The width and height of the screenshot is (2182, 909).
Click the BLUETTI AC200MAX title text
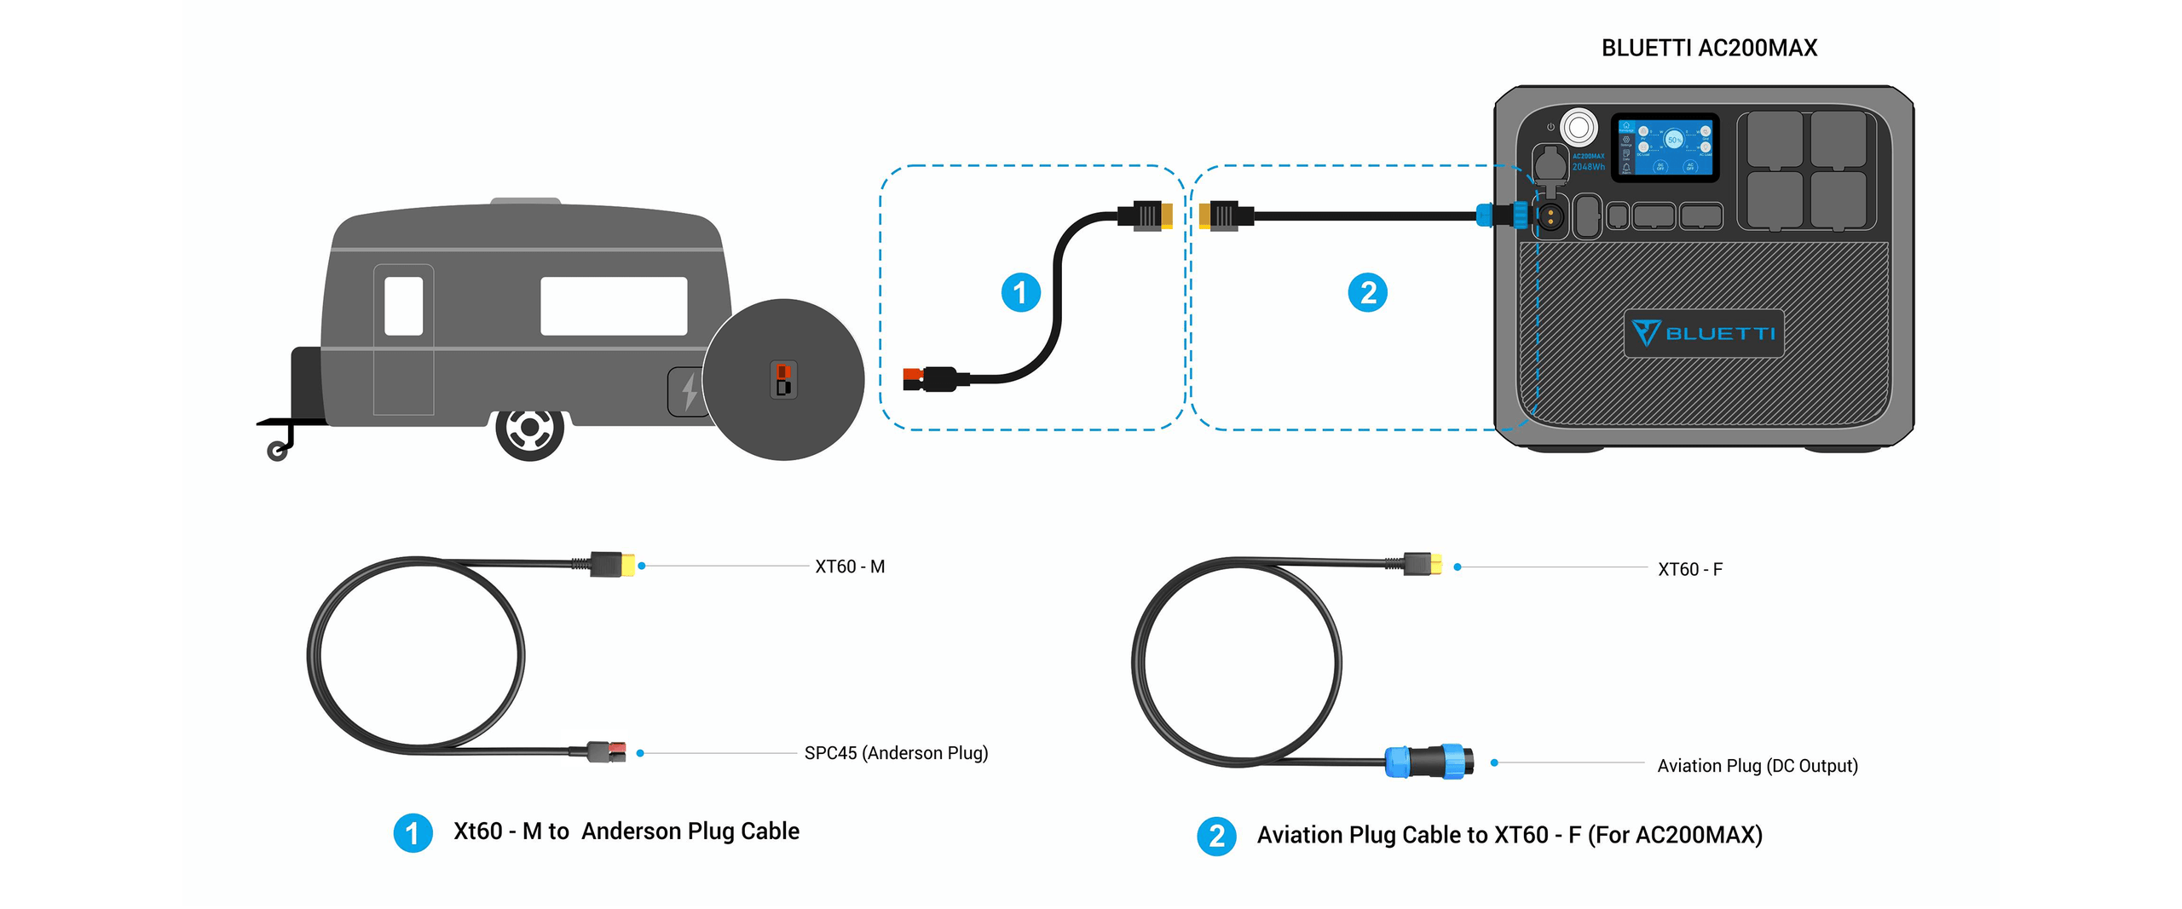tap(1708, 49)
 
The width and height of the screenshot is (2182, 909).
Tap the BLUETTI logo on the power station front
tap(1703, 333)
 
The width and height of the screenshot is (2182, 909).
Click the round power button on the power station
tap(1578, 128)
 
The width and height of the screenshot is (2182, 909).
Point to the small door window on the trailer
tap(403, 305)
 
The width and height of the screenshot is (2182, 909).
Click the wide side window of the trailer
tap(614, 305)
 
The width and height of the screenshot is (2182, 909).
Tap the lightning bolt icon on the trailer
tap(689, 392)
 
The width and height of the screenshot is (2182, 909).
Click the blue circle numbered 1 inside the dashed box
tap(1020, 292)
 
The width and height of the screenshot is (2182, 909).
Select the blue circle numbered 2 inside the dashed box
tap(1367, 292)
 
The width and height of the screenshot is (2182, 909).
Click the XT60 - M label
tap(850, 567)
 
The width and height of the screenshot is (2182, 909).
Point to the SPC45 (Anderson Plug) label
tap(896, 753)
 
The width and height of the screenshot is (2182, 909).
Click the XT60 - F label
tap(1689, 569)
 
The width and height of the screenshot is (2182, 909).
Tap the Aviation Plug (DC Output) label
tap(1757, 766)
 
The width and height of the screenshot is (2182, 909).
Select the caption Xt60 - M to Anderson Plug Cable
tap(626, 831)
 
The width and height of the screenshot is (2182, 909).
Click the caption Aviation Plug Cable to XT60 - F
tap(1509, 835)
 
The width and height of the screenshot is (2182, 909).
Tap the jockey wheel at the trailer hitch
tap(277, 451)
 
